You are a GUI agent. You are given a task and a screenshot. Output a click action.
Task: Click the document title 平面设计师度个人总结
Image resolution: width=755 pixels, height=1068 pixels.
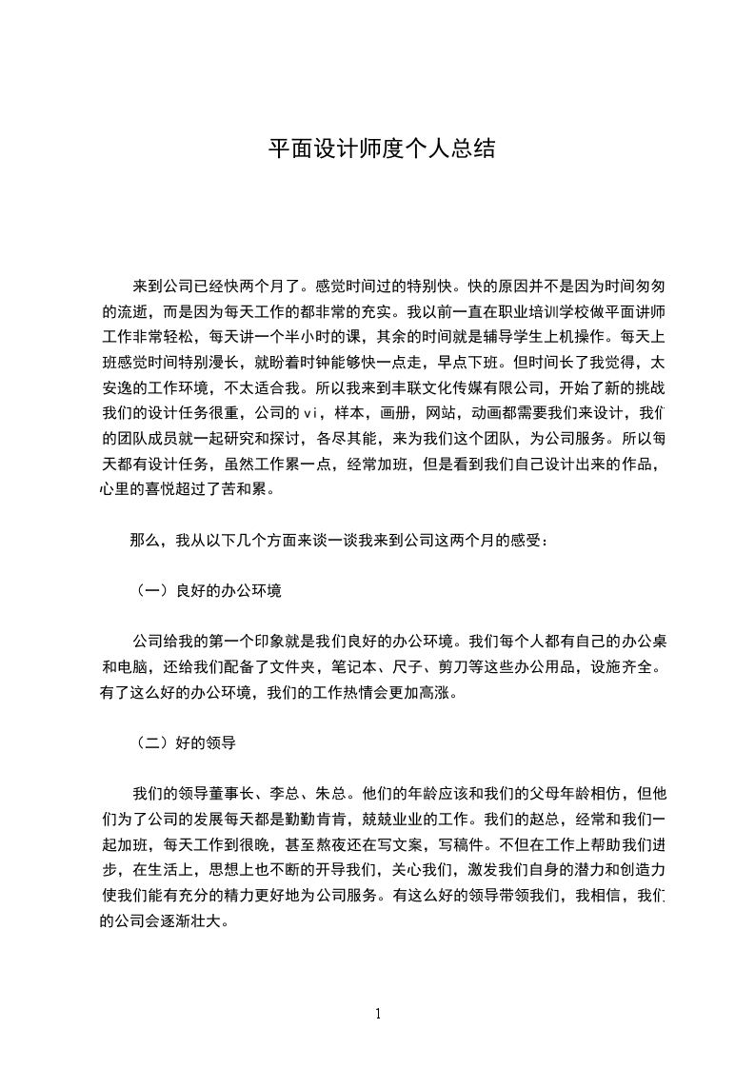(380, 149)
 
